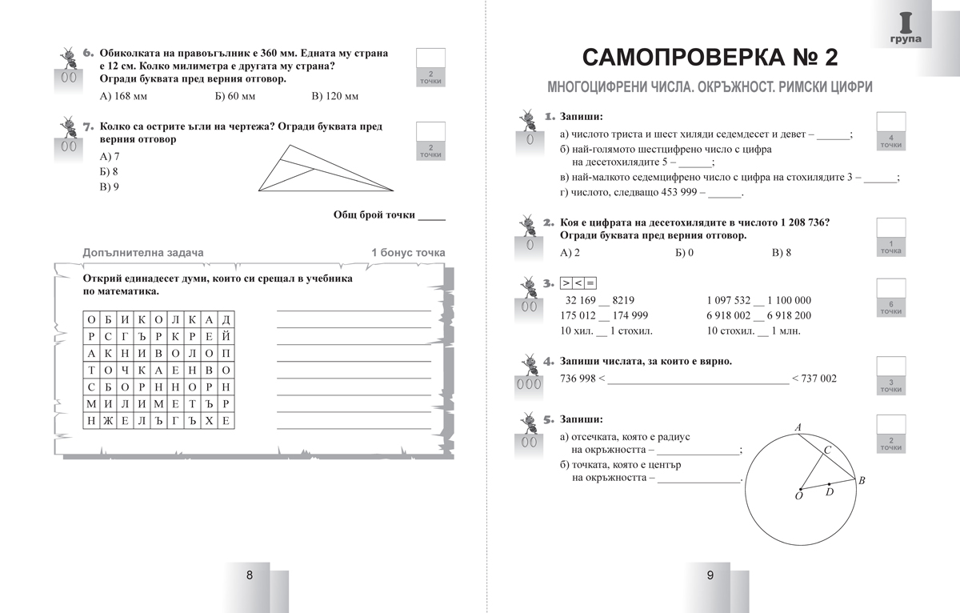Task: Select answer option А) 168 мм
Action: (x=123, y=97)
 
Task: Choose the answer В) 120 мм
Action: (x=334, y=97)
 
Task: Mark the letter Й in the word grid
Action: (x=227, y=336)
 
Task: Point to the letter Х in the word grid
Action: (x=210, y=421)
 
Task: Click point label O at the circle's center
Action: (x=798, y=497)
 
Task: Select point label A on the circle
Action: (x=798, y=428)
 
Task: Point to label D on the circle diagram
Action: (x=830, y=492)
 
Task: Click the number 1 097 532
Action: (x=729, y=300)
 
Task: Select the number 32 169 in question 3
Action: (x=581, y=300)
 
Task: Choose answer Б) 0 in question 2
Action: (x=684, y=253)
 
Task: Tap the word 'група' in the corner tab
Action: (x=905, y=38)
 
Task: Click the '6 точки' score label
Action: (x=890, y=308)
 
